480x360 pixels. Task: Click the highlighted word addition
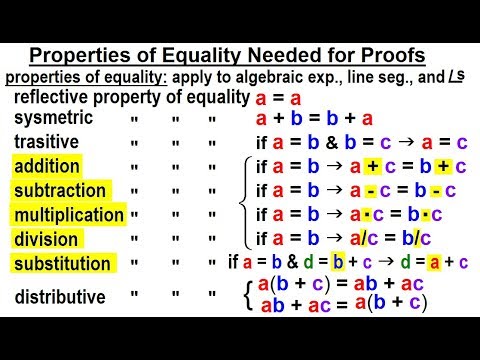tap(47, 166)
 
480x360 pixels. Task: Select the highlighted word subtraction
tap(59, 190)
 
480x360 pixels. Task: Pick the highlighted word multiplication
tap(68, 214)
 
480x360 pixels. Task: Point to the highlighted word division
tap(45, 239)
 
